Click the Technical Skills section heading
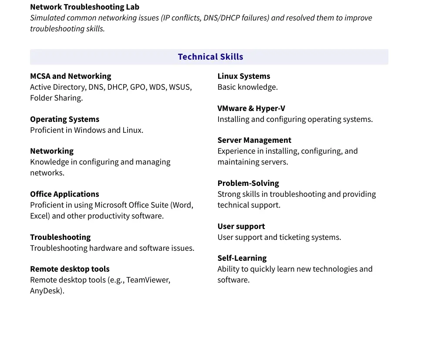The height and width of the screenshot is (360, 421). (210, 57)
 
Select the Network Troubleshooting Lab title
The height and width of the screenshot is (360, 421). (84, 7)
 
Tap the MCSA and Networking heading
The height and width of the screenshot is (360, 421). (71, 76)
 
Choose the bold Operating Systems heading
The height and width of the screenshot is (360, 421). (64, 119)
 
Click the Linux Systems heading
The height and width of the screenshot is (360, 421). (244, 76)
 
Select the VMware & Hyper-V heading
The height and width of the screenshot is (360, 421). (251, 108)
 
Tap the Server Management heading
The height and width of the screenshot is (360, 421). (254, 140)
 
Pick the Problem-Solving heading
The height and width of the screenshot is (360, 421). (248, 183)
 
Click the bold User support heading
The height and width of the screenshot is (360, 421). (241, 226)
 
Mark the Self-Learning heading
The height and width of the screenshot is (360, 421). (242, 258)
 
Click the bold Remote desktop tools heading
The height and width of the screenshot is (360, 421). (70, 269)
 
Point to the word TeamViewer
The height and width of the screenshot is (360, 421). (148, 280)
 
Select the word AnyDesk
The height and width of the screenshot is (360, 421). (46, 291)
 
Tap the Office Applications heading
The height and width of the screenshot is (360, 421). (64, 194)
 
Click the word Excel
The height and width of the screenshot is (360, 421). (40, 216)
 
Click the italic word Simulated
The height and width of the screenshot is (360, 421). (47, 18)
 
